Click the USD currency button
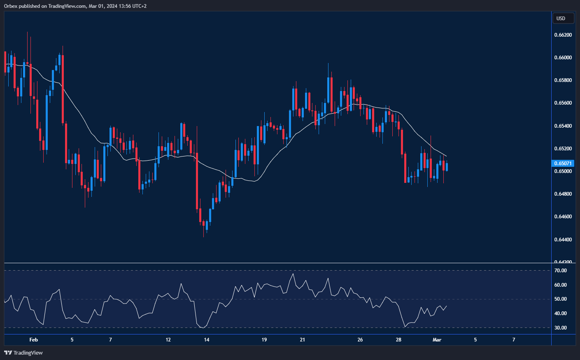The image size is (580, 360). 561,18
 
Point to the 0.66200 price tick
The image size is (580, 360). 563,35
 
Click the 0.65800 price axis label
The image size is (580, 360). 563,80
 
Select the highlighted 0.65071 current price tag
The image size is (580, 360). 563,164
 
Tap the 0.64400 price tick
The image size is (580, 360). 563,239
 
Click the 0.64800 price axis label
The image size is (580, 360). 563,194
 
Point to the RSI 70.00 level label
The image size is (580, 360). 560,271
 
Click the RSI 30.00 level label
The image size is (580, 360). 560,328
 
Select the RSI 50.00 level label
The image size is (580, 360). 560,299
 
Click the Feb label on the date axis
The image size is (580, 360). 34,340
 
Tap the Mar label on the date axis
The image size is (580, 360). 437,340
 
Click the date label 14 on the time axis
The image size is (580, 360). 207,340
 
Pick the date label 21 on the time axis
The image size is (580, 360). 303,340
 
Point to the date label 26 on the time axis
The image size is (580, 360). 360,340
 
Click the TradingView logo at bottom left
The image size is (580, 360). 23,353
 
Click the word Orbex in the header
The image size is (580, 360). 11,6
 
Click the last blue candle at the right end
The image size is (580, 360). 447,167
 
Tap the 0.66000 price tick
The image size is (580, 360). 563,58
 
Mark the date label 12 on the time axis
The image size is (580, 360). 168,340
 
